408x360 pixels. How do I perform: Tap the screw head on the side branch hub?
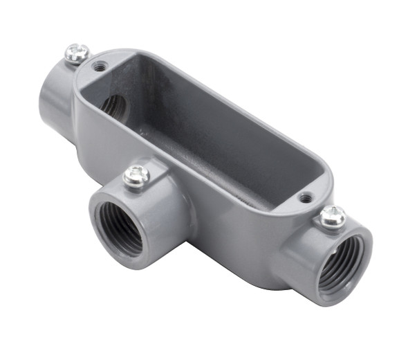[x=136, y=176]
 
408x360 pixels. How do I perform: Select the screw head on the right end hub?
[x=333, y=217]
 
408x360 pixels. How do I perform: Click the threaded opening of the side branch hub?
[x=120, y=228]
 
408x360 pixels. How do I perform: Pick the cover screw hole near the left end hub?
[x=101, y=67]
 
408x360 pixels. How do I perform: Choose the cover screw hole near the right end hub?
[x=305, y=198]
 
